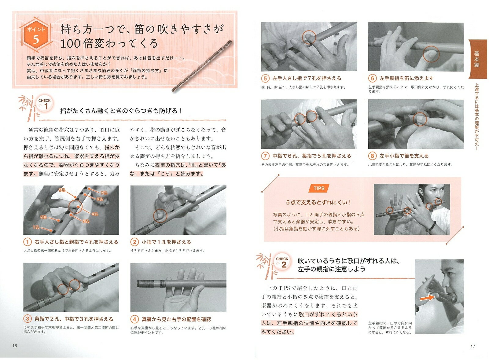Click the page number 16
(14, 346)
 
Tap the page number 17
(473, 346)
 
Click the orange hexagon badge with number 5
(36, 35)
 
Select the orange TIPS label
(319, 188)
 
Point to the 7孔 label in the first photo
(104, 193)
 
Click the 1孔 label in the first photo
(36, 227)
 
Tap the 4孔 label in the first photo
(95, 214)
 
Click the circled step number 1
(28, 242)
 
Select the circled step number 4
(134, 319)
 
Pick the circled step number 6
(373, 78)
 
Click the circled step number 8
(373, 156)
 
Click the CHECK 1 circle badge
(45, 104)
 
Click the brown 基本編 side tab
(478, 59)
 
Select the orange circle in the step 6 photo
(431, 54)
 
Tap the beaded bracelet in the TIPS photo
(431, 227)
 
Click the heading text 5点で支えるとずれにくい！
(319, 202)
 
